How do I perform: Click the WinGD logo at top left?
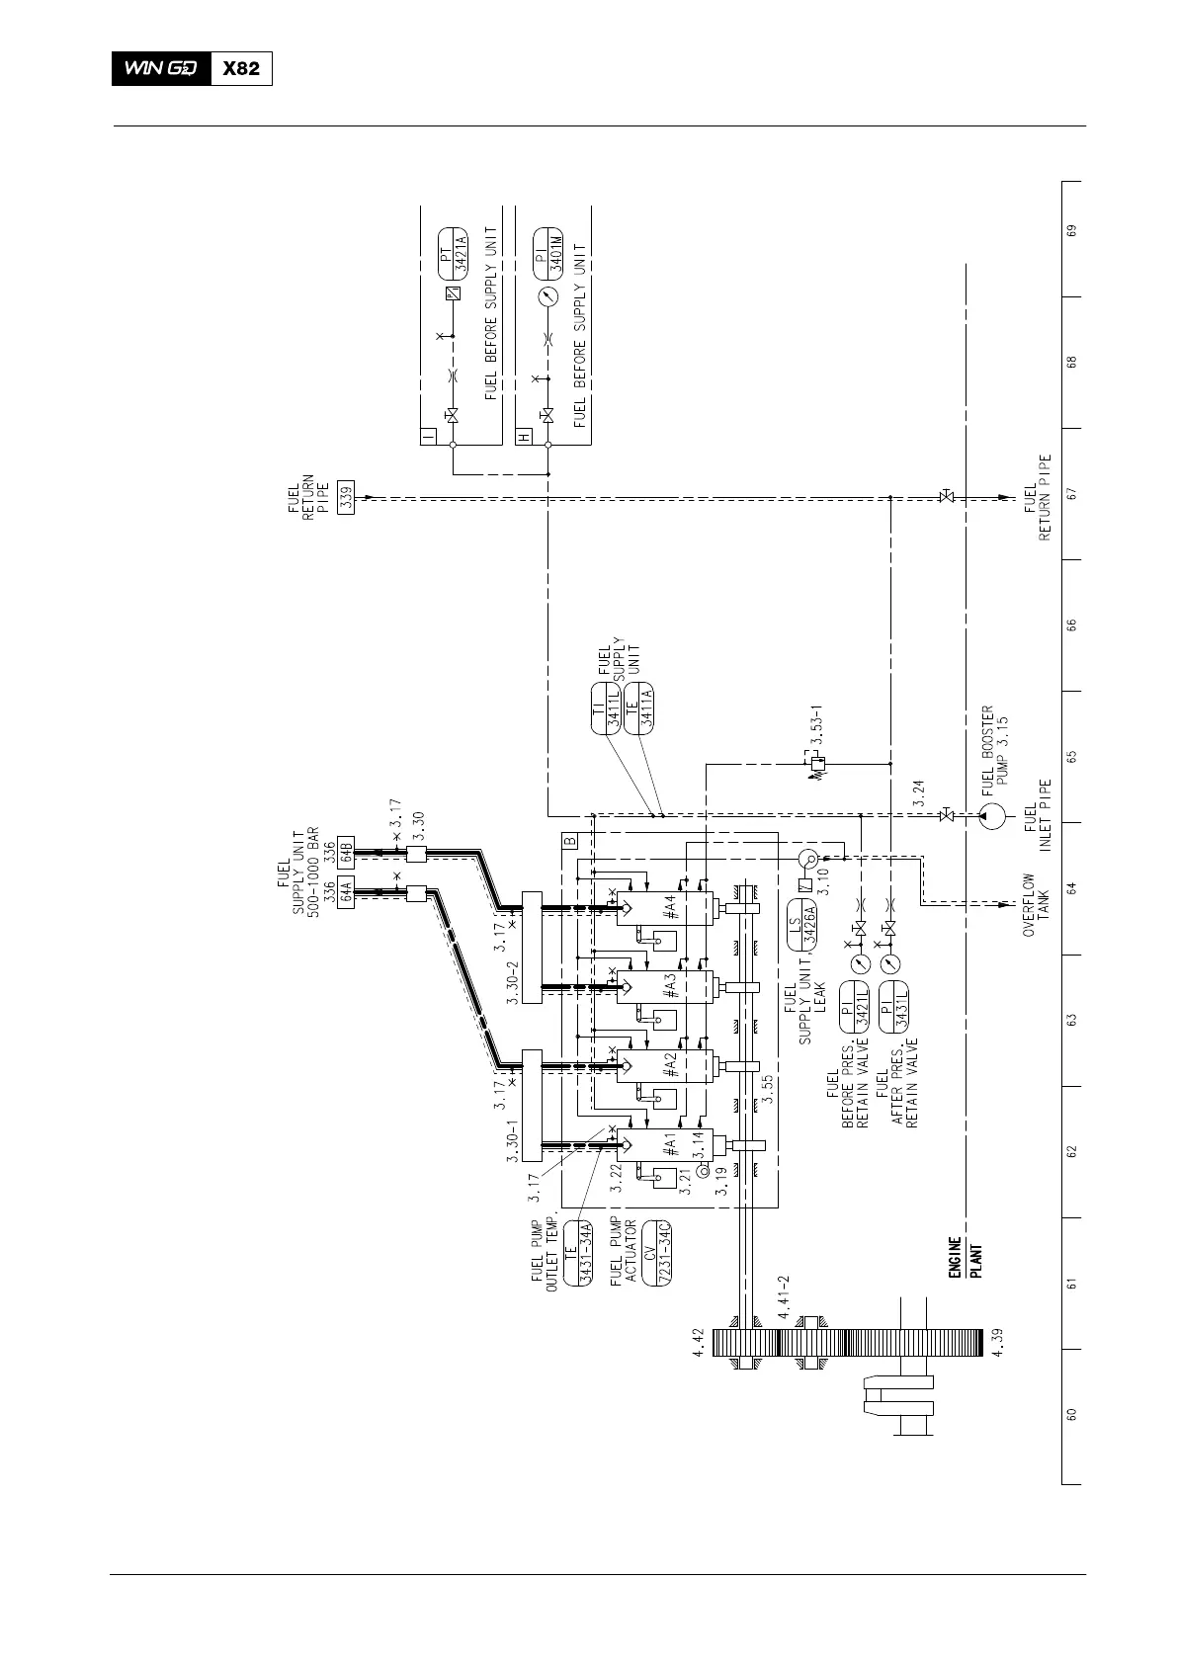click(x=161, y=69)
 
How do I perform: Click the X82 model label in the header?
click(x=241, y=69)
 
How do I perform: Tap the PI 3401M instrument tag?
click(x=546, y=249)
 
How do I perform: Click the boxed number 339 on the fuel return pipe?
click(x=345, y=500)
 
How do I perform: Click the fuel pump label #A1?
click(x=670, y=1145)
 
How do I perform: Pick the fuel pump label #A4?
click(x=670, y=908)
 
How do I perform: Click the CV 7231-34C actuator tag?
click(x=657, y=1254)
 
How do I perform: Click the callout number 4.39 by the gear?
click(x=999, y=1343)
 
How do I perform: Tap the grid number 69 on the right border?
click(x=1071, y=230)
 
